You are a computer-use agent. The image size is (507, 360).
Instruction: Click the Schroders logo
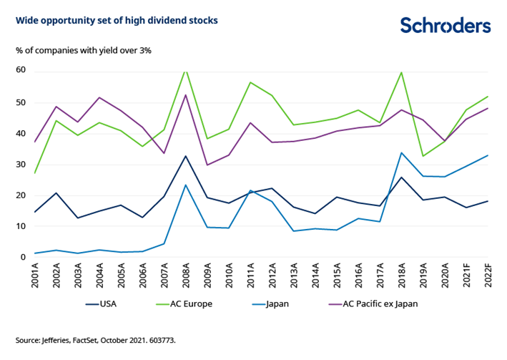[x=445, y=25]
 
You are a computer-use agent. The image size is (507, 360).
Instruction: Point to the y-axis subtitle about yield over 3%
[x=83, y=50]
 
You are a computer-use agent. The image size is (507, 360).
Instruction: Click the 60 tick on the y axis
[x=20, y=70]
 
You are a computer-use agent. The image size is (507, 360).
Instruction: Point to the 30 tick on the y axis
[x=20, y=164]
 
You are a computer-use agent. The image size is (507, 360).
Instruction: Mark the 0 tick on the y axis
[x=23, y=257]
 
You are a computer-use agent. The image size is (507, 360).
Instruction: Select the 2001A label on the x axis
[x=35, y=274]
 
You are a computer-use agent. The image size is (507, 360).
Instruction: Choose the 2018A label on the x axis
[x=402, y=274]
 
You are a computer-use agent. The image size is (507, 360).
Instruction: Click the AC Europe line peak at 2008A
[x=186, y=70]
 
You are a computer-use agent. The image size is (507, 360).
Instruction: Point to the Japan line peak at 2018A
[x=402, y=152]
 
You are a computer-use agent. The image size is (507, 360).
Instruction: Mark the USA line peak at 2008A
[x=186, y=156]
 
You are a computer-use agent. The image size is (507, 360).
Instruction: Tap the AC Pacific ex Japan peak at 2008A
[x=186, y=94]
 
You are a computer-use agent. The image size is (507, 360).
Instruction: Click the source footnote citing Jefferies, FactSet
[x=96, y=340]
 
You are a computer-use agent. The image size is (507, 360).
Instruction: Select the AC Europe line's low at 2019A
[x=423, y=156]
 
